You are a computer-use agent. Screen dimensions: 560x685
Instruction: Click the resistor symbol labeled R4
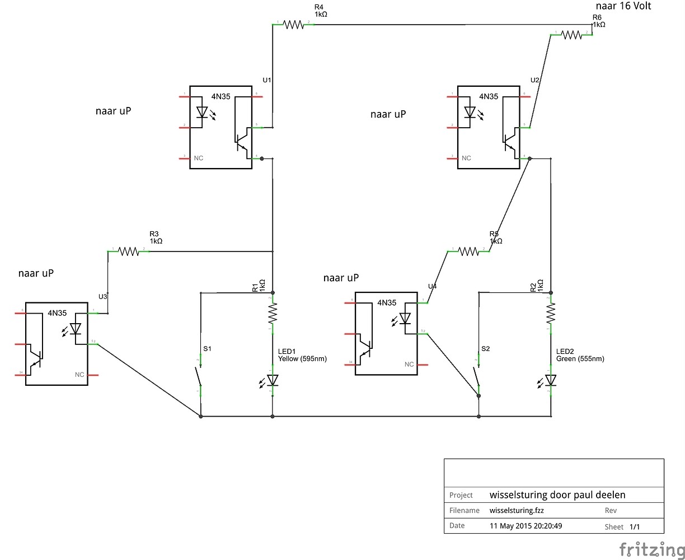pos(294,25)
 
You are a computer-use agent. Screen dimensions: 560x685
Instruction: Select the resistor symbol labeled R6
pos(571,35)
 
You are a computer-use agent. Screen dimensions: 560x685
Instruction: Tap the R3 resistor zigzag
pos(129,251)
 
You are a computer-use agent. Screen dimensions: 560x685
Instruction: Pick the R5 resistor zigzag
pos(469,251)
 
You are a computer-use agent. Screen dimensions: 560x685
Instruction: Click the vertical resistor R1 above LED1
pos(273,313)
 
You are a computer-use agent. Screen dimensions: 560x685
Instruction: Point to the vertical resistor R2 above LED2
pos(551,313)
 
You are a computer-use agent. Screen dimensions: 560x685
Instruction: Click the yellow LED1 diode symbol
pos(273,380)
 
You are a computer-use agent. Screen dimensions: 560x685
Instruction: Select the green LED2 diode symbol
pos(551,380)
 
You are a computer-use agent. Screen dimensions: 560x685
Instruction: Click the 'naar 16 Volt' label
pos(623,6)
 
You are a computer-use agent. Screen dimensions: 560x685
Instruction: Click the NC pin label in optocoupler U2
pos(467,158)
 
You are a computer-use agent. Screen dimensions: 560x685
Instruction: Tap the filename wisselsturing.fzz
pos(517,511)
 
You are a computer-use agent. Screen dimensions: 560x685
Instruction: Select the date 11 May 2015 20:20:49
pos(527,526)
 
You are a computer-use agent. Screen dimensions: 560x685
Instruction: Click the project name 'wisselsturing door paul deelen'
pos(557,495)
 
